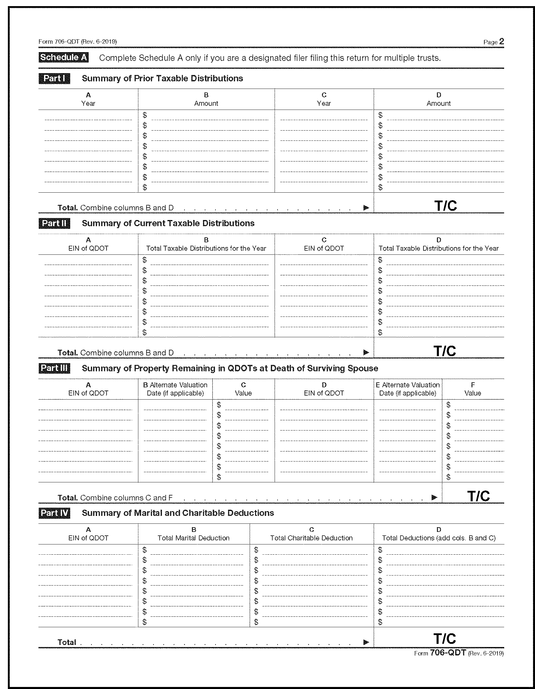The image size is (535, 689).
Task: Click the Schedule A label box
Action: pyautogui.click(x=63, y=57)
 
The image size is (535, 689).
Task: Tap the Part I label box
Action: pyautogui.click(x=54, y=78)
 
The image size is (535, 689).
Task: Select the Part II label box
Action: pyautogui.click(x=54, y=223)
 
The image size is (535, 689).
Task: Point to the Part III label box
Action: pyautogui.click(x=54, y=368)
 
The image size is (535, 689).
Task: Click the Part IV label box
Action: pyautogui.click(x=54, y=513)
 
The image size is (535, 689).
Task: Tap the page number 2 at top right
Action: pyautogui.click(x=501, y=41)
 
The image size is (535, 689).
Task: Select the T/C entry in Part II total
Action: pyautogui.click(x=444, y=351)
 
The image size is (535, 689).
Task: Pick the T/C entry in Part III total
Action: pyautogui.click(x=478, y=496)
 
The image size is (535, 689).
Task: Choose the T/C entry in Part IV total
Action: pyautogui.click(x=444, y=639)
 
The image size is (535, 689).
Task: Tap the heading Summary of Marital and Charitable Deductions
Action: pyautogui.click(x=178, y=513)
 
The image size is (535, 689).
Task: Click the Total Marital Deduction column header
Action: pyautogui.click(x=194, y=538)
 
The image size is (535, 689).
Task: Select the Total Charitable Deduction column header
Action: pyautogui.click(x=311, y=538)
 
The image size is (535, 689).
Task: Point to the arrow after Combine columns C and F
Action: pyautogui.click(x=434, y=498)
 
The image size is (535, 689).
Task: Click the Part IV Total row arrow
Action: pyautogui.click(x=366, y=642)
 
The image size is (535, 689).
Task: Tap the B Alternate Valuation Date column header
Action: pyautogui.click(x=175, y=389)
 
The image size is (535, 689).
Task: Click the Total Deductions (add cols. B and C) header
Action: pyautogui.click(x=439, y=538)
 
